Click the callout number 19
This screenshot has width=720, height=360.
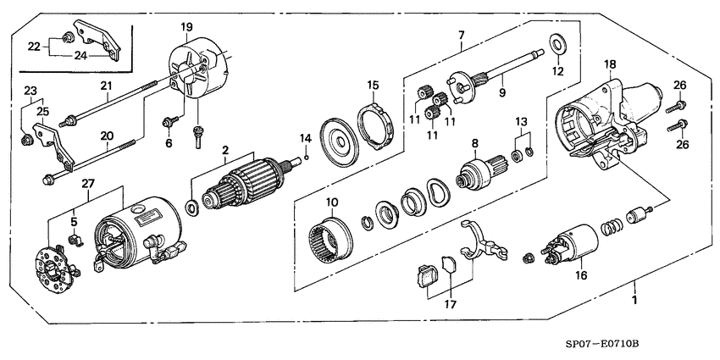186,28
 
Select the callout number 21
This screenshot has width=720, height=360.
106,85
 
